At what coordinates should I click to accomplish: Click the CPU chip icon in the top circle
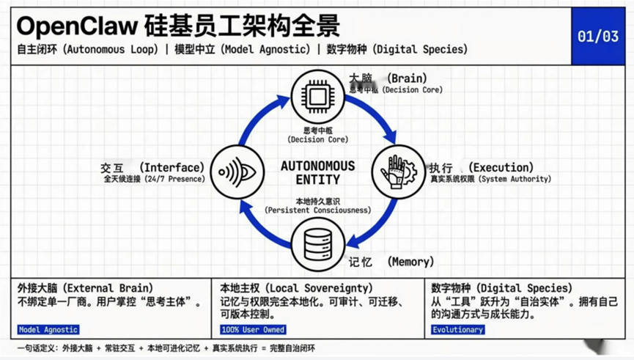[318, 96]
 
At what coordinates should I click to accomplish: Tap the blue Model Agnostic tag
[48, 330]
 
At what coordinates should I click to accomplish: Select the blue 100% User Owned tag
[253, 330]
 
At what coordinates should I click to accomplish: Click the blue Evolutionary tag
[458, 330]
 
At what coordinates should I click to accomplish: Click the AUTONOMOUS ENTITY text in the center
[318, 173]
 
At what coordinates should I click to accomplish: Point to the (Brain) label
[407, 78]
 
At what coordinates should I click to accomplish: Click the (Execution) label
[501, 167]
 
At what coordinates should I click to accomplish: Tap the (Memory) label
[410, 262]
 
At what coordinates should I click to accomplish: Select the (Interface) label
[172, 167]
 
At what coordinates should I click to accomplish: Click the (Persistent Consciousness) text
[318, 210]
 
